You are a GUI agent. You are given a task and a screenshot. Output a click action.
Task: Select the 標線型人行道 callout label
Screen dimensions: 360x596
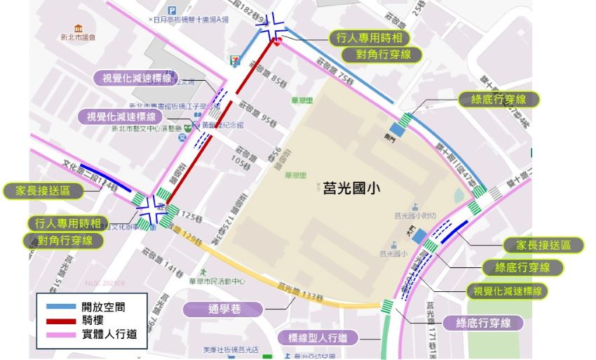pyautogui.click(x=318, y=338)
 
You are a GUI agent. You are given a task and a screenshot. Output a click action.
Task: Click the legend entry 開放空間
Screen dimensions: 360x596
pyautogui.click(x=104, y=307)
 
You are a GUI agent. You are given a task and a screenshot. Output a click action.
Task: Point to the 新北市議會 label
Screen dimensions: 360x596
pyautogui.click(x=78, y=36)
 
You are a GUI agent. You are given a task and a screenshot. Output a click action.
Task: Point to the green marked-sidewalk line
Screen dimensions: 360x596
pyautogui.click(x=385, y=337)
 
